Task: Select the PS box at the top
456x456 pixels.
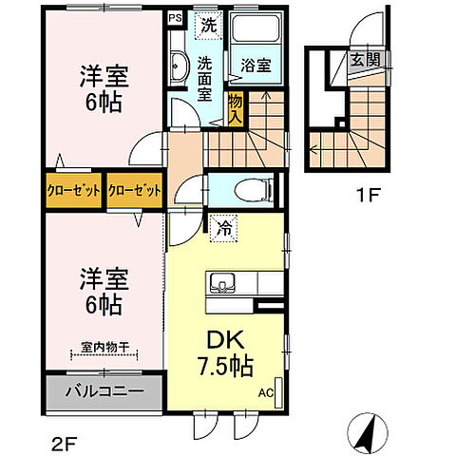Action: click(x=175, y=17)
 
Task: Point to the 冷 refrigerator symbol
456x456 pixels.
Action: click(x=223, y=228)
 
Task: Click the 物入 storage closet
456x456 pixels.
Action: click(x=236, y=107)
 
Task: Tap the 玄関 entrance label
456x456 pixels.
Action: click(x=361, y=61)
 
